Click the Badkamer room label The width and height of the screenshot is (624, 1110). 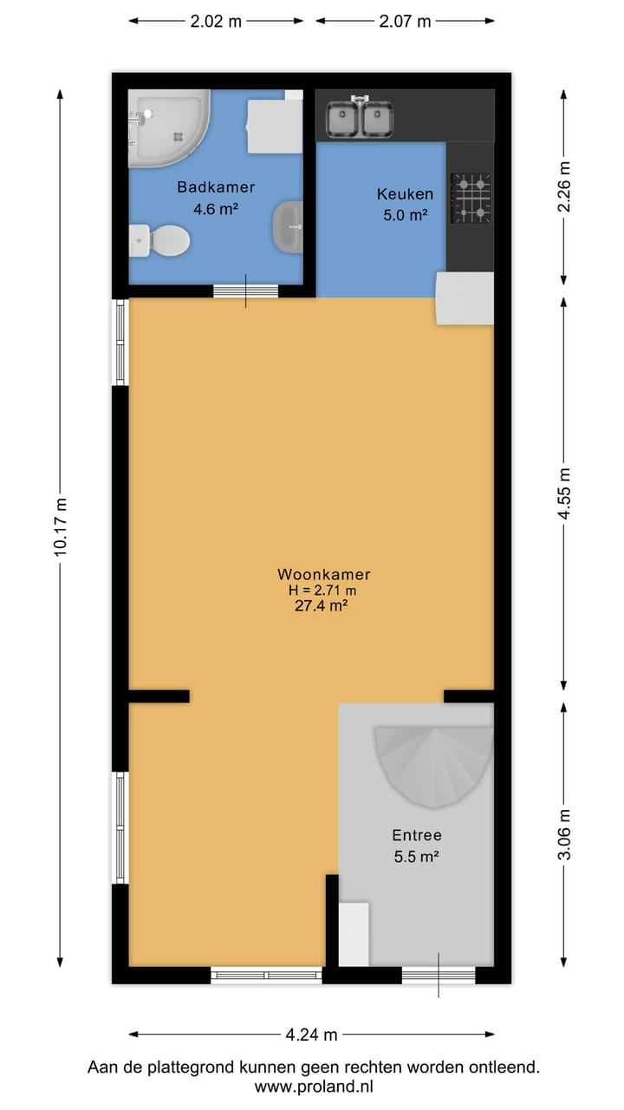[216, 186]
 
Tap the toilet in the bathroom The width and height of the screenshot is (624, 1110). [161, 240]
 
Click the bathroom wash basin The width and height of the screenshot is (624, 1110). [287, 226]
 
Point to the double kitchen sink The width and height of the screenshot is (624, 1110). [359, 119]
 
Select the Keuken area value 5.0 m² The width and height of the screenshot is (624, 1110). [405, 215]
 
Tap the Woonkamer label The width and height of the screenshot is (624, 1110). [324, 574]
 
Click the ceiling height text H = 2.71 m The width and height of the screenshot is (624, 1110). [322, 591]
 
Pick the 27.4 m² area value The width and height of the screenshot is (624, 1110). [322, 607]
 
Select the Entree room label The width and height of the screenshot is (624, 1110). [417, 836]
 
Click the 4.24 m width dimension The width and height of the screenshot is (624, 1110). [311, 1035]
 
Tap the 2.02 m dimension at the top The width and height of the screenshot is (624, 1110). [216, 22]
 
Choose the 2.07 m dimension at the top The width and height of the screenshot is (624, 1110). [405, 22]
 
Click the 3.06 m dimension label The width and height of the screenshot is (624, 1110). [564, 834]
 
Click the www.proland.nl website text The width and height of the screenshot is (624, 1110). [313, 1086]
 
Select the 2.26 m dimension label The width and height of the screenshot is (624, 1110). [564, 187]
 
